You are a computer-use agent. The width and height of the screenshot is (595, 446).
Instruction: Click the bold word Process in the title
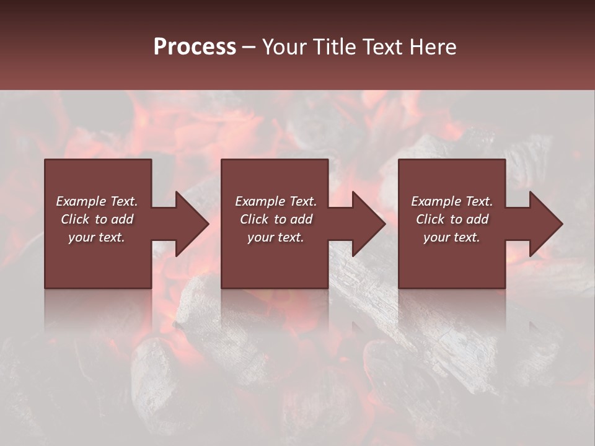coord(195,47)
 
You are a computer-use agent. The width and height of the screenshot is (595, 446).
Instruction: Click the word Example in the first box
coord(81,201)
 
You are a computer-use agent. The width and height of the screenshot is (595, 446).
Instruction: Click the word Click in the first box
coord(76,219)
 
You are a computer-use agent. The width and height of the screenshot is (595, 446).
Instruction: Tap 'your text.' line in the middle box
coord(275,237)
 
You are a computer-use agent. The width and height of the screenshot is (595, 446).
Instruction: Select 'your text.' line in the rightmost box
coord(451,237)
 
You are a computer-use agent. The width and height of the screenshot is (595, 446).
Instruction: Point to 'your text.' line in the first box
coord(96,237)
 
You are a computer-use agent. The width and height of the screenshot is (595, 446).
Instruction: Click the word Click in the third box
coord(430,219)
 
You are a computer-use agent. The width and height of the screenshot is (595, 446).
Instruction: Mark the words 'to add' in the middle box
coord(293,219)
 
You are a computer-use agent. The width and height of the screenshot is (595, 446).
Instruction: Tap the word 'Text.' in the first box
coord(123,201)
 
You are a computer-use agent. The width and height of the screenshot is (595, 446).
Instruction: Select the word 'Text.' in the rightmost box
coord(478,201)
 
